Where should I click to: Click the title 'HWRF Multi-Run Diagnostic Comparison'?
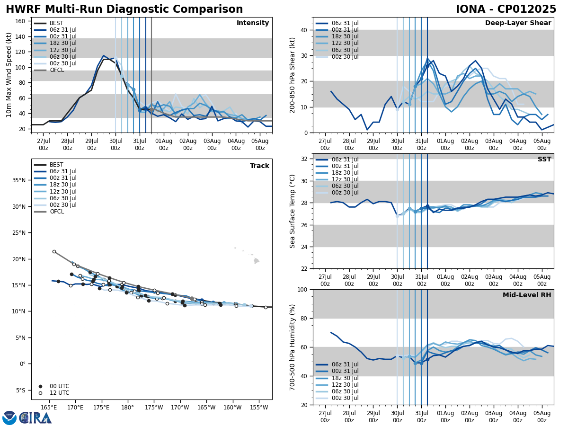pos(124,9)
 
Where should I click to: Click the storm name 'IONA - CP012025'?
pos(506,9)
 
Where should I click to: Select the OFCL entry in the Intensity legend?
pos(56,70)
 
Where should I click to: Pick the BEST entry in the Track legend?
pos(56,165)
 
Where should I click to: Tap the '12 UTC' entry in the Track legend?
pos(60,393)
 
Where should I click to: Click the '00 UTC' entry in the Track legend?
pos(60,386)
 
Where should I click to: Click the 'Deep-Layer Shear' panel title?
pos(518,23)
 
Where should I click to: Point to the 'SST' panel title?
pos(544,160)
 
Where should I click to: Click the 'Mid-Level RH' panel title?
pos(527,295)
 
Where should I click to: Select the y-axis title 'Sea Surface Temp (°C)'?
pos(293,211)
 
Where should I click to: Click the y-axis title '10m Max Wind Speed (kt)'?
pos(9,75)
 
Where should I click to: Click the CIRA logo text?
pos(35,418)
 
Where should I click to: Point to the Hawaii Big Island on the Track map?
pos(257,261)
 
